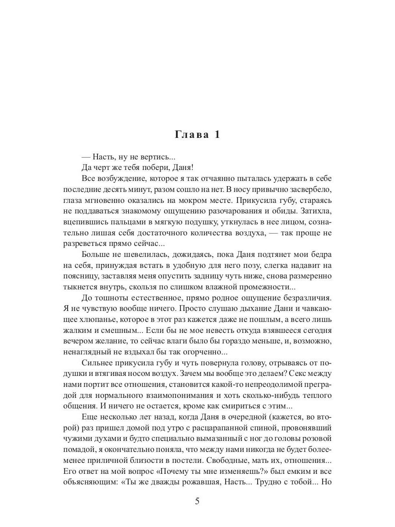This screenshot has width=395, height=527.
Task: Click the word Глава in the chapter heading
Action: point(192,134)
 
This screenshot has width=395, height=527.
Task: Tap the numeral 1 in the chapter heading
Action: point(217,134)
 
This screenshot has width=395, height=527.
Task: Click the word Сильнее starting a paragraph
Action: point(98,362)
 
